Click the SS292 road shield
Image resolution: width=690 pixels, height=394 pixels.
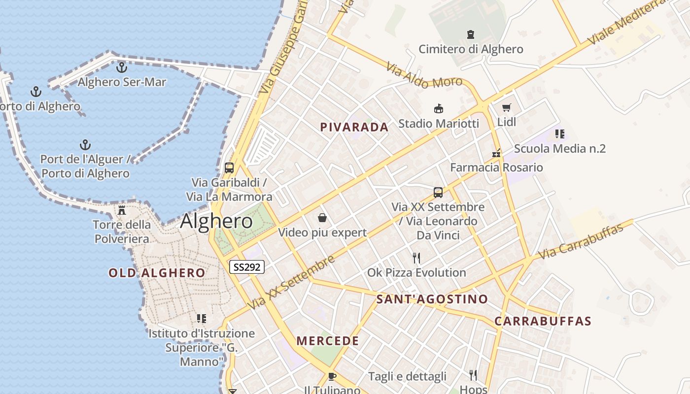247,267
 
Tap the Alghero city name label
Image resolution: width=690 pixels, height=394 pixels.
216,221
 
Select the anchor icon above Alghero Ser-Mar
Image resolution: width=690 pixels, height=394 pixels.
121,67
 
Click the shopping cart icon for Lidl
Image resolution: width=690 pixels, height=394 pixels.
506,107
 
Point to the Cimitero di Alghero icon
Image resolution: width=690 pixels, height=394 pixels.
471,34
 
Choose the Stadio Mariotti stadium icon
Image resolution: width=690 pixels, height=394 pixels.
438,108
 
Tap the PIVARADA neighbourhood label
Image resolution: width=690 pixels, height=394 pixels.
354,127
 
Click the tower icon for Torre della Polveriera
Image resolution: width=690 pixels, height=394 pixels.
121,210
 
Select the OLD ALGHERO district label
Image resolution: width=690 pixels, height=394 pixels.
157,273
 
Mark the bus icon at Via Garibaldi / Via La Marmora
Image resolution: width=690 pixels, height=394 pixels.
229,167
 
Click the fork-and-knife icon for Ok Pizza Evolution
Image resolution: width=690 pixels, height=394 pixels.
416,258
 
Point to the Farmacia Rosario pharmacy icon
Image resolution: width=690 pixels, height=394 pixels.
496,153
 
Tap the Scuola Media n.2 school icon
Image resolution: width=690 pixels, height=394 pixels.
559,134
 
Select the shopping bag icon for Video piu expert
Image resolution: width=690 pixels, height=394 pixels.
322,217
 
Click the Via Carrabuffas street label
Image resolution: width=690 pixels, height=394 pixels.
585,240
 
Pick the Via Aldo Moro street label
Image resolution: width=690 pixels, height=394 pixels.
424,75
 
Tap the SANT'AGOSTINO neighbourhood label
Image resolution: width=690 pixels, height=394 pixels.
432,299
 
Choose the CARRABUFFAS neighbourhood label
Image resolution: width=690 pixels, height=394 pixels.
543,322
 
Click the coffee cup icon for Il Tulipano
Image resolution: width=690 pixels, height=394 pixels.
332,376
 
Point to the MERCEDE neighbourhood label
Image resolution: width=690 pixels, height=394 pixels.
328,341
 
